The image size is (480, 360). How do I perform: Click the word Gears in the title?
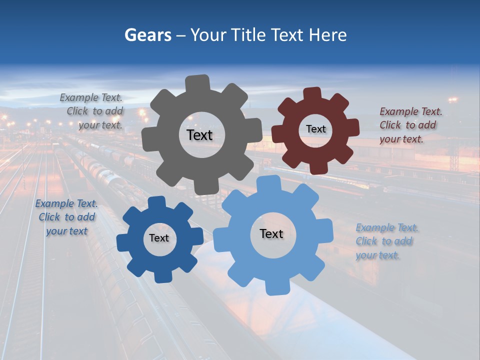147,35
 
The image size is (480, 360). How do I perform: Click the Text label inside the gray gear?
199,135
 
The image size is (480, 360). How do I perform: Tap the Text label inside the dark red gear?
315,129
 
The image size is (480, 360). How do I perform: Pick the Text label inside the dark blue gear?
159,238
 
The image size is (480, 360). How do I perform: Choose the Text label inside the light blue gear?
271,233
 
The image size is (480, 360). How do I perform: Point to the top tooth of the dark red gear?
312,93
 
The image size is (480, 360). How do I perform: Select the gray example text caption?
92,111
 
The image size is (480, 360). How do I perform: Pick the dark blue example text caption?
66,217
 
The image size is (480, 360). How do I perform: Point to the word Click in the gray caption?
77,111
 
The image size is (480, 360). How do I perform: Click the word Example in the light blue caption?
375,228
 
